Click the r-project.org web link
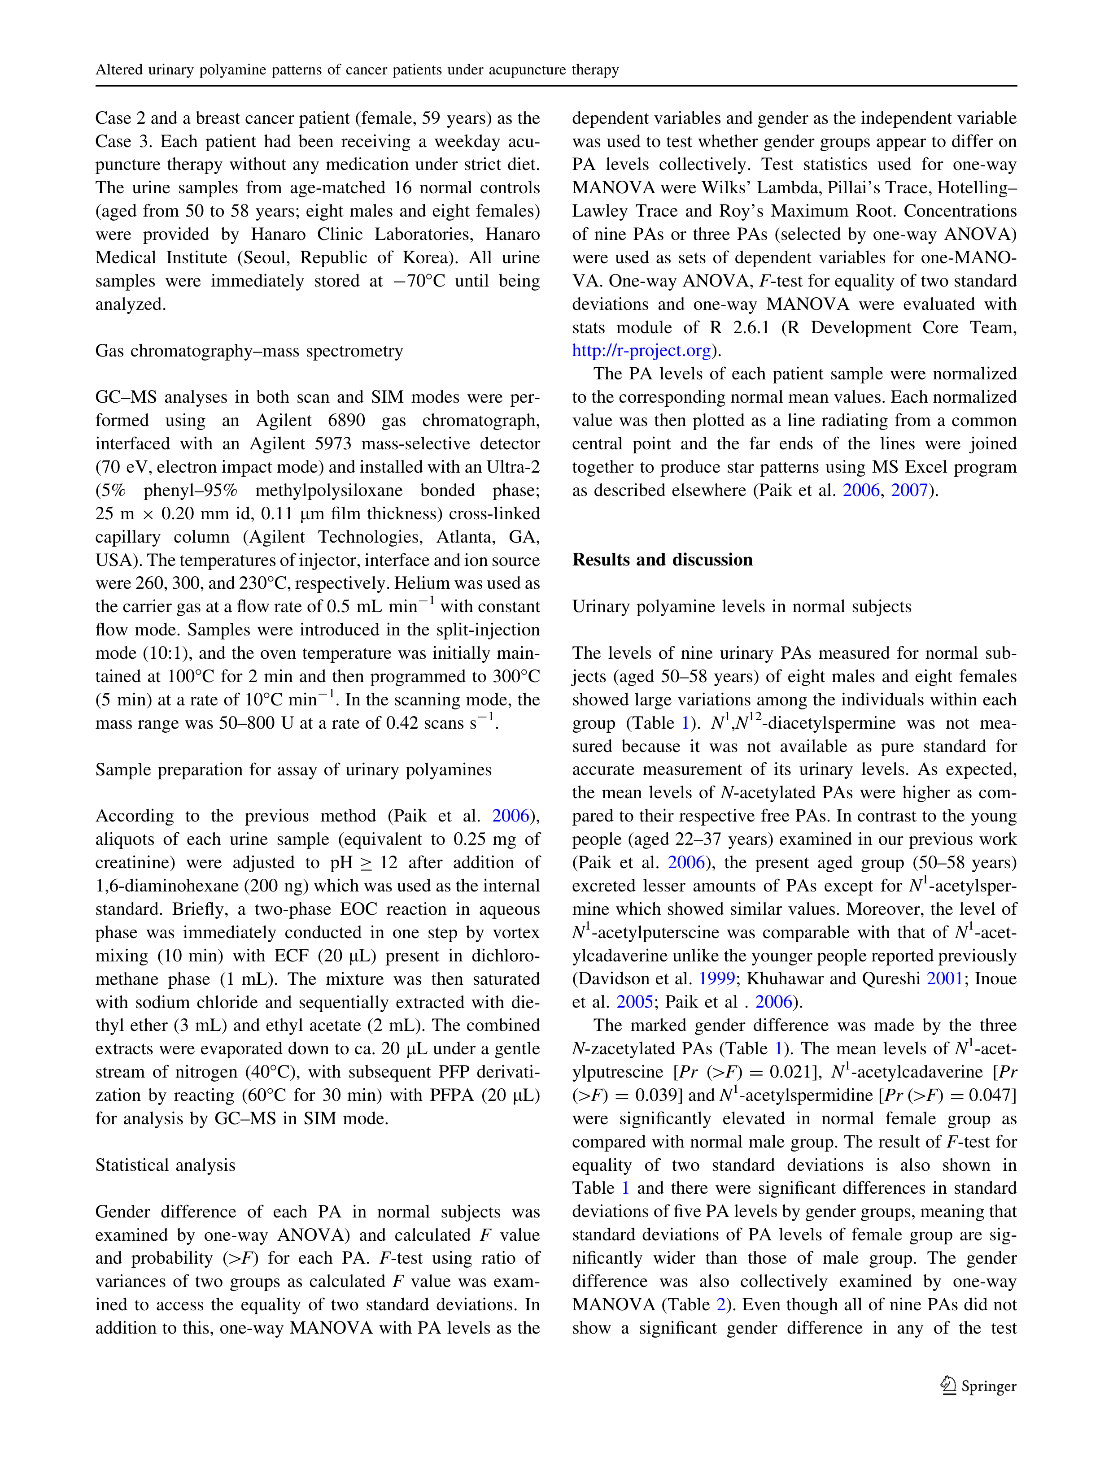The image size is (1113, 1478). click(x=641, y=351)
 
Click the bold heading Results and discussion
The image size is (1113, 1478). click(x=662, y=560)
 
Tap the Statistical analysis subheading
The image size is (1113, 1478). click(x=165, y=1165)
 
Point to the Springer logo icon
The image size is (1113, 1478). click(x=948, y=1386)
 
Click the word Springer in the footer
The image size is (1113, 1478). click(x=989, y=1387)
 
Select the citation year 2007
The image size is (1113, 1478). click(x=909, y=491)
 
